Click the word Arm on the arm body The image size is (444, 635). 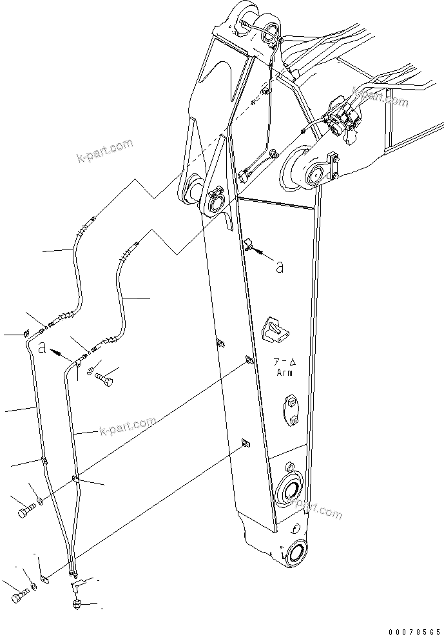point(284,373)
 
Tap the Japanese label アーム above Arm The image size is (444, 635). point(284,363)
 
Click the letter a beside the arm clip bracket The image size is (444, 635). point(279,267)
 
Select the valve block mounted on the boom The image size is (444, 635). point(342,121)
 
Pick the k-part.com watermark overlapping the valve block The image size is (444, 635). point(380,99)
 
